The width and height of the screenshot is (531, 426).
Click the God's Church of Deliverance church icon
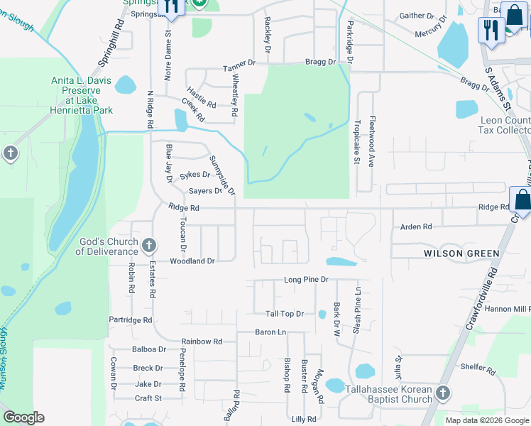[x=148, y=246]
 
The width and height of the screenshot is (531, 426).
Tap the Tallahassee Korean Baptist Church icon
[x=443, y=393]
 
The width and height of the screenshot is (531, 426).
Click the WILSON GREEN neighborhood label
[x=461, y=253]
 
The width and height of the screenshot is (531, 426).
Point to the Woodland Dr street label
[x=192, y=261]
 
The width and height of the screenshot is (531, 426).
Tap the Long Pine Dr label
[x=306, y=280]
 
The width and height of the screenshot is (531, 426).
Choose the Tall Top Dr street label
[x=284, y=314]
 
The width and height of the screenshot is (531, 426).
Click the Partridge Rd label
[x=131, y=320]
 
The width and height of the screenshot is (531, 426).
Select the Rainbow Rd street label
[x=201, y=342]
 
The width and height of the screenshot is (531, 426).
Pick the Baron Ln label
[x=270, y=332]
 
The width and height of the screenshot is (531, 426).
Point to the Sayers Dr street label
[x=206, y=191]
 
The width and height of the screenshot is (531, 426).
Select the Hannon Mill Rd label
[x=507, y=309]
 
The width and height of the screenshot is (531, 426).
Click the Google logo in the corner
[x=23, y=417]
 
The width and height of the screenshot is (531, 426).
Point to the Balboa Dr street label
[x=148, y=349]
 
